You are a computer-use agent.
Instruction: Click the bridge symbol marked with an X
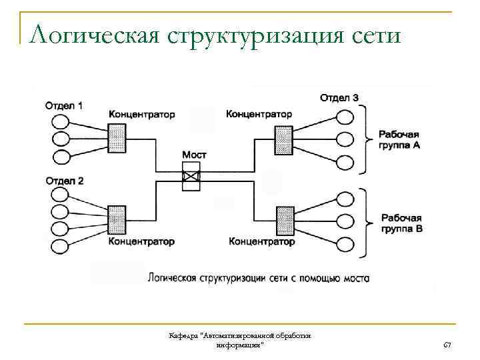click(191, 177)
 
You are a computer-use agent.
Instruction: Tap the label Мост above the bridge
click(194, 154)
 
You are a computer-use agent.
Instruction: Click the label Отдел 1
click(64, 105)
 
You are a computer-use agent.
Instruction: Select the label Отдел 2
click(65, 181)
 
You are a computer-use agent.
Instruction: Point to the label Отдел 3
click(339, 98)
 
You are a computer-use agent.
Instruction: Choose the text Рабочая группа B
click(401, 223)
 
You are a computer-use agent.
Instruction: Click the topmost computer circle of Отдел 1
click(60, 122)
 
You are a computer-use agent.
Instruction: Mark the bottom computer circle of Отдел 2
click(59, 247)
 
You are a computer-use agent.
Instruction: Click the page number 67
click(447, 345)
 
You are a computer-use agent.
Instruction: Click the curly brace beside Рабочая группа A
click(365, 139)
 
